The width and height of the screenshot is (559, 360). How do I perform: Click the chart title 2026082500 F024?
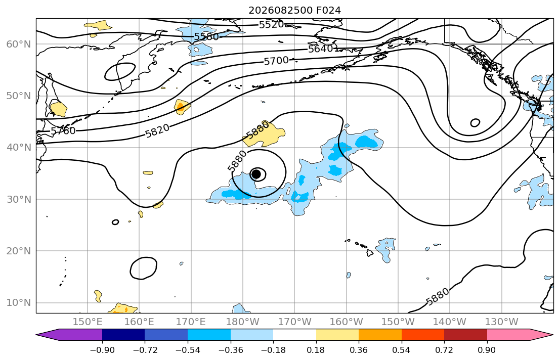click(294, 10)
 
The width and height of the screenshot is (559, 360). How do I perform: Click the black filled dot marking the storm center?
click(256, 174)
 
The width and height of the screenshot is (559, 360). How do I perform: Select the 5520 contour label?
click(271, 25)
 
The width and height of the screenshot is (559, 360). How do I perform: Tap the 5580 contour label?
click(206, 36)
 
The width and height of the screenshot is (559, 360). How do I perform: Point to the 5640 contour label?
click(320, 49)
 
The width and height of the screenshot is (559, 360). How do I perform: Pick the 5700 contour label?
click(276, 61)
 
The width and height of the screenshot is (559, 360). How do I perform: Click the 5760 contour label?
click(63, 131)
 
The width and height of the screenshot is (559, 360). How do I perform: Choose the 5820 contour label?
click(157, 130)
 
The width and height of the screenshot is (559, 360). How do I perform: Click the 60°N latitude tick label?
click(19, 44)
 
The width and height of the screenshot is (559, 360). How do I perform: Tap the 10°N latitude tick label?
click(19, 303)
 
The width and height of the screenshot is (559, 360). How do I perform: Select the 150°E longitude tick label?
click(88, 322)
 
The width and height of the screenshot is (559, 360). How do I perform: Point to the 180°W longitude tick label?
click(243, 322)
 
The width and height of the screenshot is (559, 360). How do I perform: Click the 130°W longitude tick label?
click(502, 322)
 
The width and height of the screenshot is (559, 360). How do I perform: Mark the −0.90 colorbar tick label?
click(102, 350)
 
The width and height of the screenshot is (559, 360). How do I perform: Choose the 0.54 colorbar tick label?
click(402, 350)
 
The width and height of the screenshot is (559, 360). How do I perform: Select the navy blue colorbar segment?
click(123, 335)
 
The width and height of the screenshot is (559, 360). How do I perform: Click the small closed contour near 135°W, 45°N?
click(475, 123)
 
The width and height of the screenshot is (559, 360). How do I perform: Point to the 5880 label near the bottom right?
click(438, 297)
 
